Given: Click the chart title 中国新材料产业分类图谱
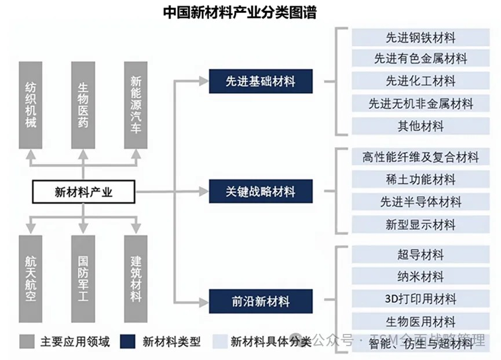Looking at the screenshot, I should pos(240,12).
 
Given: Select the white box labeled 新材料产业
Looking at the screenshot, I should pos(83,192).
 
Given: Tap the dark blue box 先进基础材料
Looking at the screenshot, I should pos(261,81).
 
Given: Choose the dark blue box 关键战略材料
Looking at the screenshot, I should pos(261,191).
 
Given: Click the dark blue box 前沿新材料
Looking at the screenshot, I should pos(261,301).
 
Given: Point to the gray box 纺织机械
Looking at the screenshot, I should pos(31,105).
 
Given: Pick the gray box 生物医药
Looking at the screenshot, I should pos(83,105).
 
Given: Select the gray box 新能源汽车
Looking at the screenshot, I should pos(136,105).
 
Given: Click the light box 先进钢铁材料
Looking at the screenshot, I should pos(420,38).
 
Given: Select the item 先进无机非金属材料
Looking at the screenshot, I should pos(420,104).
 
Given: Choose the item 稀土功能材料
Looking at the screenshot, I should pos(420,179).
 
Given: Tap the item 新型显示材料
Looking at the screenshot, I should pos(420,224).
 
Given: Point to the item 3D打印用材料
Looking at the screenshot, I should pos(420,299).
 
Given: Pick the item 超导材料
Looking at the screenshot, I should pos(420,255).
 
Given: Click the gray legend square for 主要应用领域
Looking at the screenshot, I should pos(26,341).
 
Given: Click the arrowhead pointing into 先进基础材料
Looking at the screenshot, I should pos(204,81).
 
